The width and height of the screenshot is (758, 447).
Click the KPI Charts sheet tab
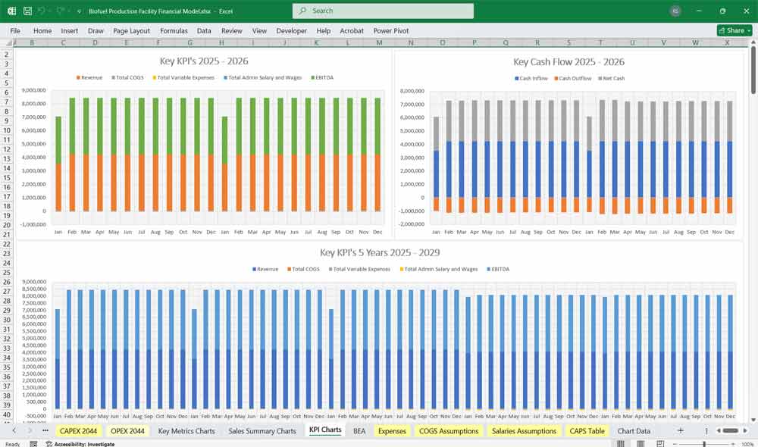point(325,430)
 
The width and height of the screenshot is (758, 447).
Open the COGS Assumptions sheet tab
point(449,431)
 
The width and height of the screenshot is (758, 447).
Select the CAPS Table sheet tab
point(587,431)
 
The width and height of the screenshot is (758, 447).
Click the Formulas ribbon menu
point(174,31)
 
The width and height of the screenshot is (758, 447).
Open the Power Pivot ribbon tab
point(391,31)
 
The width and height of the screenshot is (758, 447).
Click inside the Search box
point(383,11)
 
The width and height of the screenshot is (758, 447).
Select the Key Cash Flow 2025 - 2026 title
point(568,62)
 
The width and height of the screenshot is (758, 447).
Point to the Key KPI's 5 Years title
point(380,252)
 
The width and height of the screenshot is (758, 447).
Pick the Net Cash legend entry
point(612,79)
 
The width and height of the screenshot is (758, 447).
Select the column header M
point(379,43)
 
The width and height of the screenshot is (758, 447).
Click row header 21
point(8,235)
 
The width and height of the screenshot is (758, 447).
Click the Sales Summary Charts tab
point(262,431)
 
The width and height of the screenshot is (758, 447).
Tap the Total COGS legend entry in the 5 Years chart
point(305,270)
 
